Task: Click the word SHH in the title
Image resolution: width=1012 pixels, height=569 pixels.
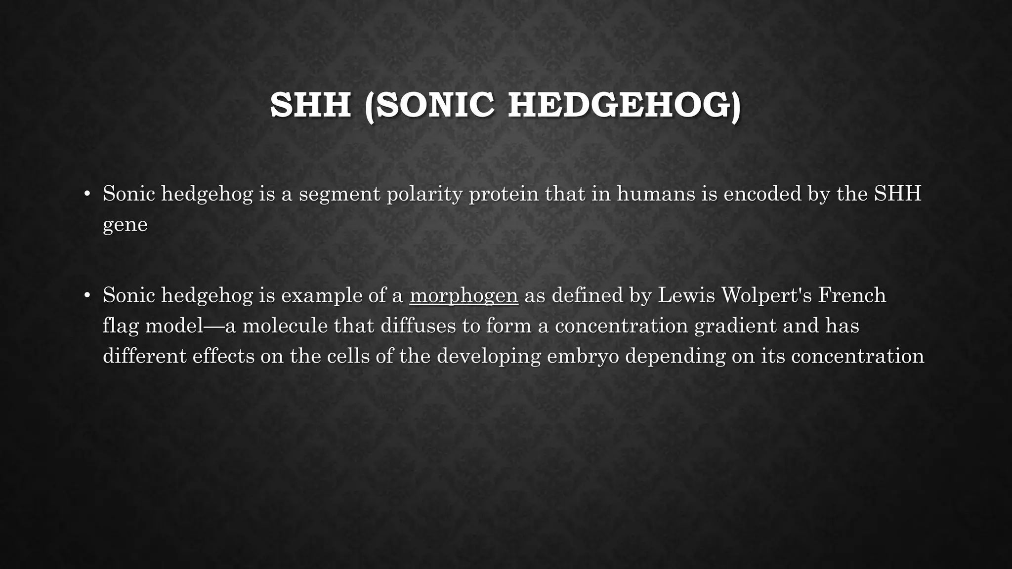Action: tap(310, 105)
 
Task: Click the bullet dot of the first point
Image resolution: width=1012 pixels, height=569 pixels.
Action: tap(87, 194)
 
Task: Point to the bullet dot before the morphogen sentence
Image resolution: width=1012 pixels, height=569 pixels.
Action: tap(87, 295)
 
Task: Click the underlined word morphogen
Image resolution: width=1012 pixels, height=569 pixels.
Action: tap(464, 296)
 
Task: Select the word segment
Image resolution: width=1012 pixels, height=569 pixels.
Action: tap(339, 194)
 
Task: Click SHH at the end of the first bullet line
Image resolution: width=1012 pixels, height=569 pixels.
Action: tap(897, 194)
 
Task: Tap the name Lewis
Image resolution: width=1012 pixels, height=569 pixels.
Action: tap(686, 295)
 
